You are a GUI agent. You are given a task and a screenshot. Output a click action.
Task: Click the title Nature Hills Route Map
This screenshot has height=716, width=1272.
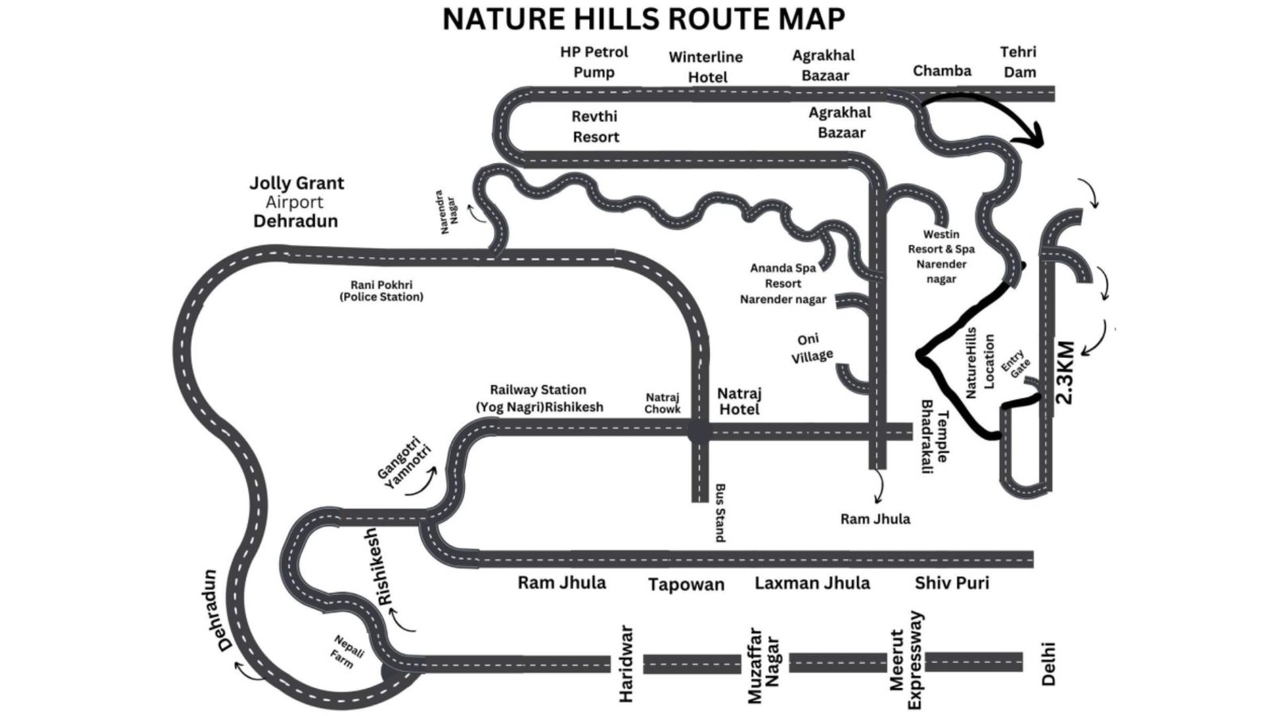pyautogui.click(x=643, y=19)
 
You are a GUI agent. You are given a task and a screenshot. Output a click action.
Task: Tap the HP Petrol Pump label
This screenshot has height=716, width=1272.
pyautogui.click(x=594, y=62)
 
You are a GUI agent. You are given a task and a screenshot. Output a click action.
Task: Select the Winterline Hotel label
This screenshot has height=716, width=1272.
pyautogui.click(x=706, y=67)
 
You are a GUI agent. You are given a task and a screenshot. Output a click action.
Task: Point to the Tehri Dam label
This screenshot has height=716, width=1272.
pyautogui.click(x=1018, y=62)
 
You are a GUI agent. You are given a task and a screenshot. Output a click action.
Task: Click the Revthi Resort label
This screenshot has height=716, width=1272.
pyautogui.click(x=595, y=126)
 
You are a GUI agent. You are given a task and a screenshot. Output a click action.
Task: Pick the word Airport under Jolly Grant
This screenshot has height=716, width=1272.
pyautogui.click(x=294, y=202)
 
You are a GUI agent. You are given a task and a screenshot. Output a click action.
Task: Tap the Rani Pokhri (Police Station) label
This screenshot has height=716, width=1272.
pyautogui.click(x=382, y=291)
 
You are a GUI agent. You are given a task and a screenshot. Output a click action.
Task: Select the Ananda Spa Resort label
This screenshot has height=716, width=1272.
pyautogui.click(x=783, y=283)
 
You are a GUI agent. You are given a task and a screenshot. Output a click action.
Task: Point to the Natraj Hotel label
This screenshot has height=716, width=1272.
pyautogui.click(x=739, y=401)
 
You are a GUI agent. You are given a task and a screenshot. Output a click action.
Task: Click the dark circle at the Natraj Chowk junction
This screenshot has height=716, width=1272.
pyautogui.click(x=700, y=432)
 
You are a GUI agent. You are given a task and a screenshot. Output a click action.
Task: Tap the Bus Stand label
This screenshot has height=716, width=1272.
pyautogui.click(x=719, y=512)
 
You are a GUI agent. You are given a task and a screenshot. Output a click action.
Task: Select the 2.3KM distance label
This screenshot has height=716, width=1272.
pyautogui.click(x=1065, y=372)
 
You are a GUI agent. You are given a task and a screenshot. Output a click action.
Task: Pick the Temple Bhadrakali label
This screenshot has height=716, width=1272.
pyautogui.click(x=935, y=437)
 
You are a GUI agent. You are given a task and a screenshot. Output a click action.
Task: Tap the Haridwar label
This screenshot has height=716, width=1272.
pyautogui.click(x=626, y=663)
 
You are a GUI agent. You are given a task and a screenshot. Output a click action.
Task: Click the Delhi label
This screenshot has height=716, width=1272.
pyautogui.click(x=1049, y=663)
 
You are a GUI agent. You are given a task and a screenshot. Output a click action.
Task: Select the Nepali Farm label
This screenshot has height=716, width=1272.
pyautogui.click(x=347, y=652)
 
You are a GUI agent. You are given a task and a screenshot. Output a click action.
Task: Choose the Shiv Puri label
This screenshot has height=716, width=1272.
pyautogui.click(x=952, y=583)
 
